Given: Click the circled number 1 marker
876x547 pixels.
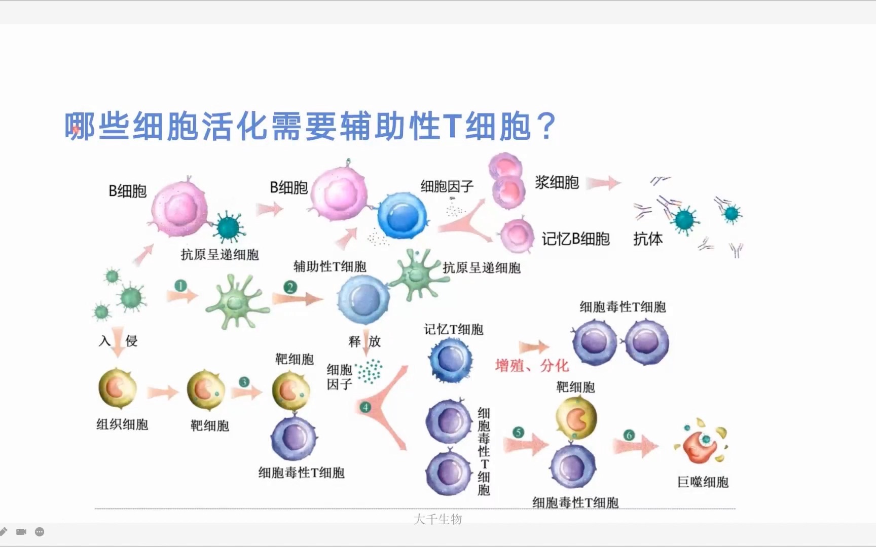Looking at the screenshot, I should point(180,286).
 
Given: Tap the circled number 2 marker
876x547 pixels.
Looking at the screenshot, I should point(290,288).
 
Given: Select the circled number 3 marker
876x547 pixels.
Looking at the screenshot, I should point(244,382).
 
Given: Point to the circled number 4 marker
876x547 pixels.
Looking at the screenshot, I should point(365,407).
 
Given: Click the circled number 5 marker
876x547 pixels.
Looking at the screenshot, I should point(518,432).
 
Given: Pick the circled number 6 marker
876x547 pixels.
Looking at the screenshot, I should point(629,435).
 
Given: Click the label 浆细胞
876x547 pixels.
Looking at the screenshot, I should point(557,182).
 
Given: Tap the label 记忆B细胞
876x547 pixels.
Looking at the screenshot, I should point(575,239).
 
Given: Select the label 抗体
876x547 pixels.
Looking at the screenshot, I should point(647,239).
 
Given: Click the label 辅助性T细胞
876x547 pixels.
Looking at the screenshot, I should point(330,266).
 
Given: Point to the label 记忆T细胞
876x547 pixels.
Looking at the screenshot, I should point(453,330).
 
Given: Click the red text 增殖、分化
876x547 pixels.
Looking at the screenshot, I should point(532,365).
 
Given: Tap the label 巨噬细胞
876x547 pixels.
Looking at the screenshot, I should point(703,482).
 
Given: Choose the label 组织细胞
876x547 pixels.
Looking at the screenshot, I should point(122,424).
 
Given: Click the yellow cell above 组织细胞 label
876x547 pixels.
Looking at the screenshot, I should point(118,388).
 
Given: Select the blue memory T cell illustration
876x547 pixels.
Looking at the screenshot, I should point(450,360).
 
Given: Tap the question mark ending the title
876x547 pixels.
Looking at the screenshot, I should point(547,127).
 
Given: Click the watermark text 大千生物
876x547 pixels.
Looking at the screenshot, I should point(437,519).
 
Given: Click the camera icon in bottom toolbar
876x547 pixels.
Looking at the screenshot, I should point(21,531).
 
